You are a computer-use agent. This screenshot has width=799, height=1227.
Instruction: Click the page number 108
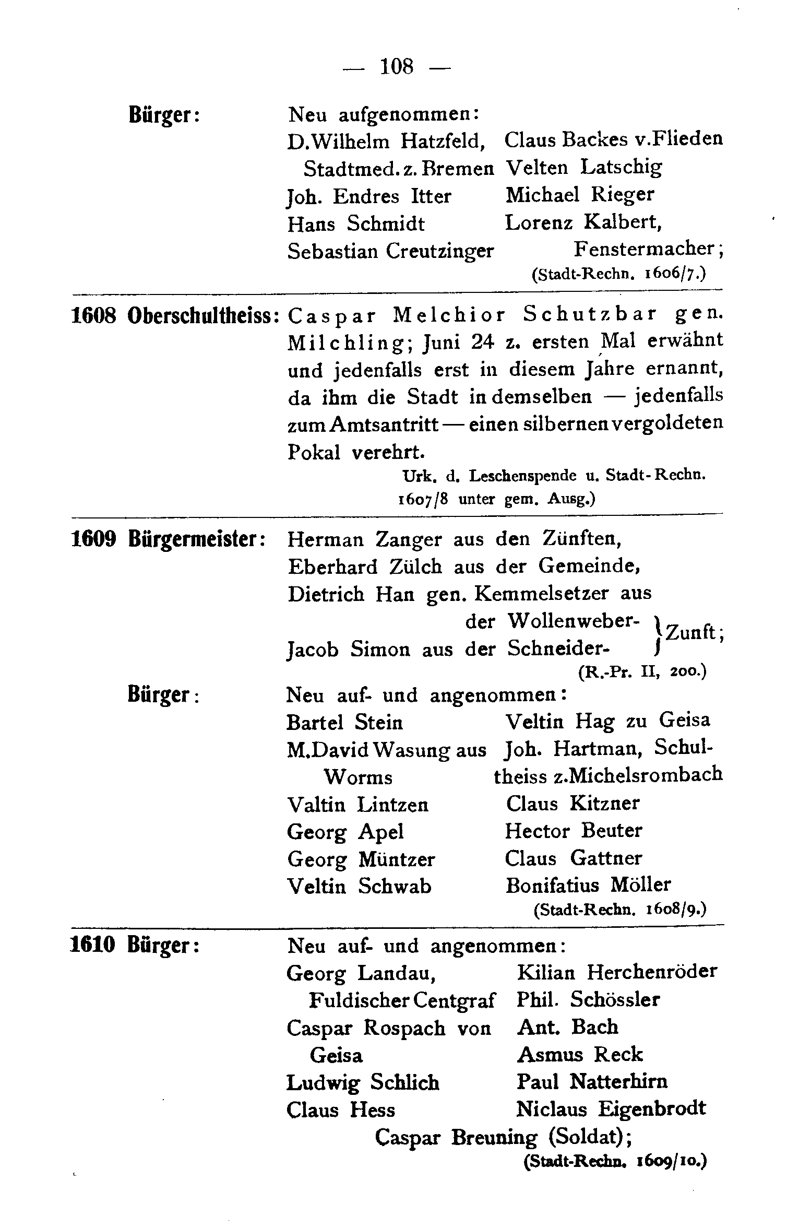tap(397, 67)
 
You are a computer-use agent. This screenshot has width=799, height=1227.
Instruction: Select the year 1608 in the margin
tap(93, 316)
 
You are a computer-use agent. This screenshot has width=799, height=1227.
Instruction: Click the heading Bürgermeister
tap(198, 539)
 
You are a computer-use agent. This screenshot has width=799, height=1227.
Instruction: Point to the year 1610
tap(92, 946)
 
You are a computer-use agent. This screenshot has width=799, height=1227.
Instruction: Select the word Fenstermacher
tap(644, 249)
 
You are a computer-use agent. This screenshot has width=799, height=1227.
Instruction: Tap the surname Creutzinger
tap(439, 251)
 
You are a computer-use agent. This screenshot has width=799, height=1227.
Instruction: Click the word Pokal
tap(314, 452)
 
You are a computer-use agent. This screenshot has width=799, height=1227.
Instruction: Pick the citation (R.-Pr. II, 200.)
tap(642, 672)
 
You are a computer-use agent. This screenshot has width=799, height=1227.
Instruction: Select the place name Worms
tap(358, 777)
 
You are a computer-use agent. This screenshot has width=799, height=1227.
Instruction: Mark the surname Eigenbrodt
tap(652, 1108)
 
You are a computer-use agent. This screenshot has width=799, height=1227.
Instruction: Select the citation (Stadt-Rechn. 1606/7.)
tap(618, 274)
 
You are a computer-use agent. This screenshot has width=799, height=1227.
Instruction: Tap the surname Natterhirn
tap(618, 1081)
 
